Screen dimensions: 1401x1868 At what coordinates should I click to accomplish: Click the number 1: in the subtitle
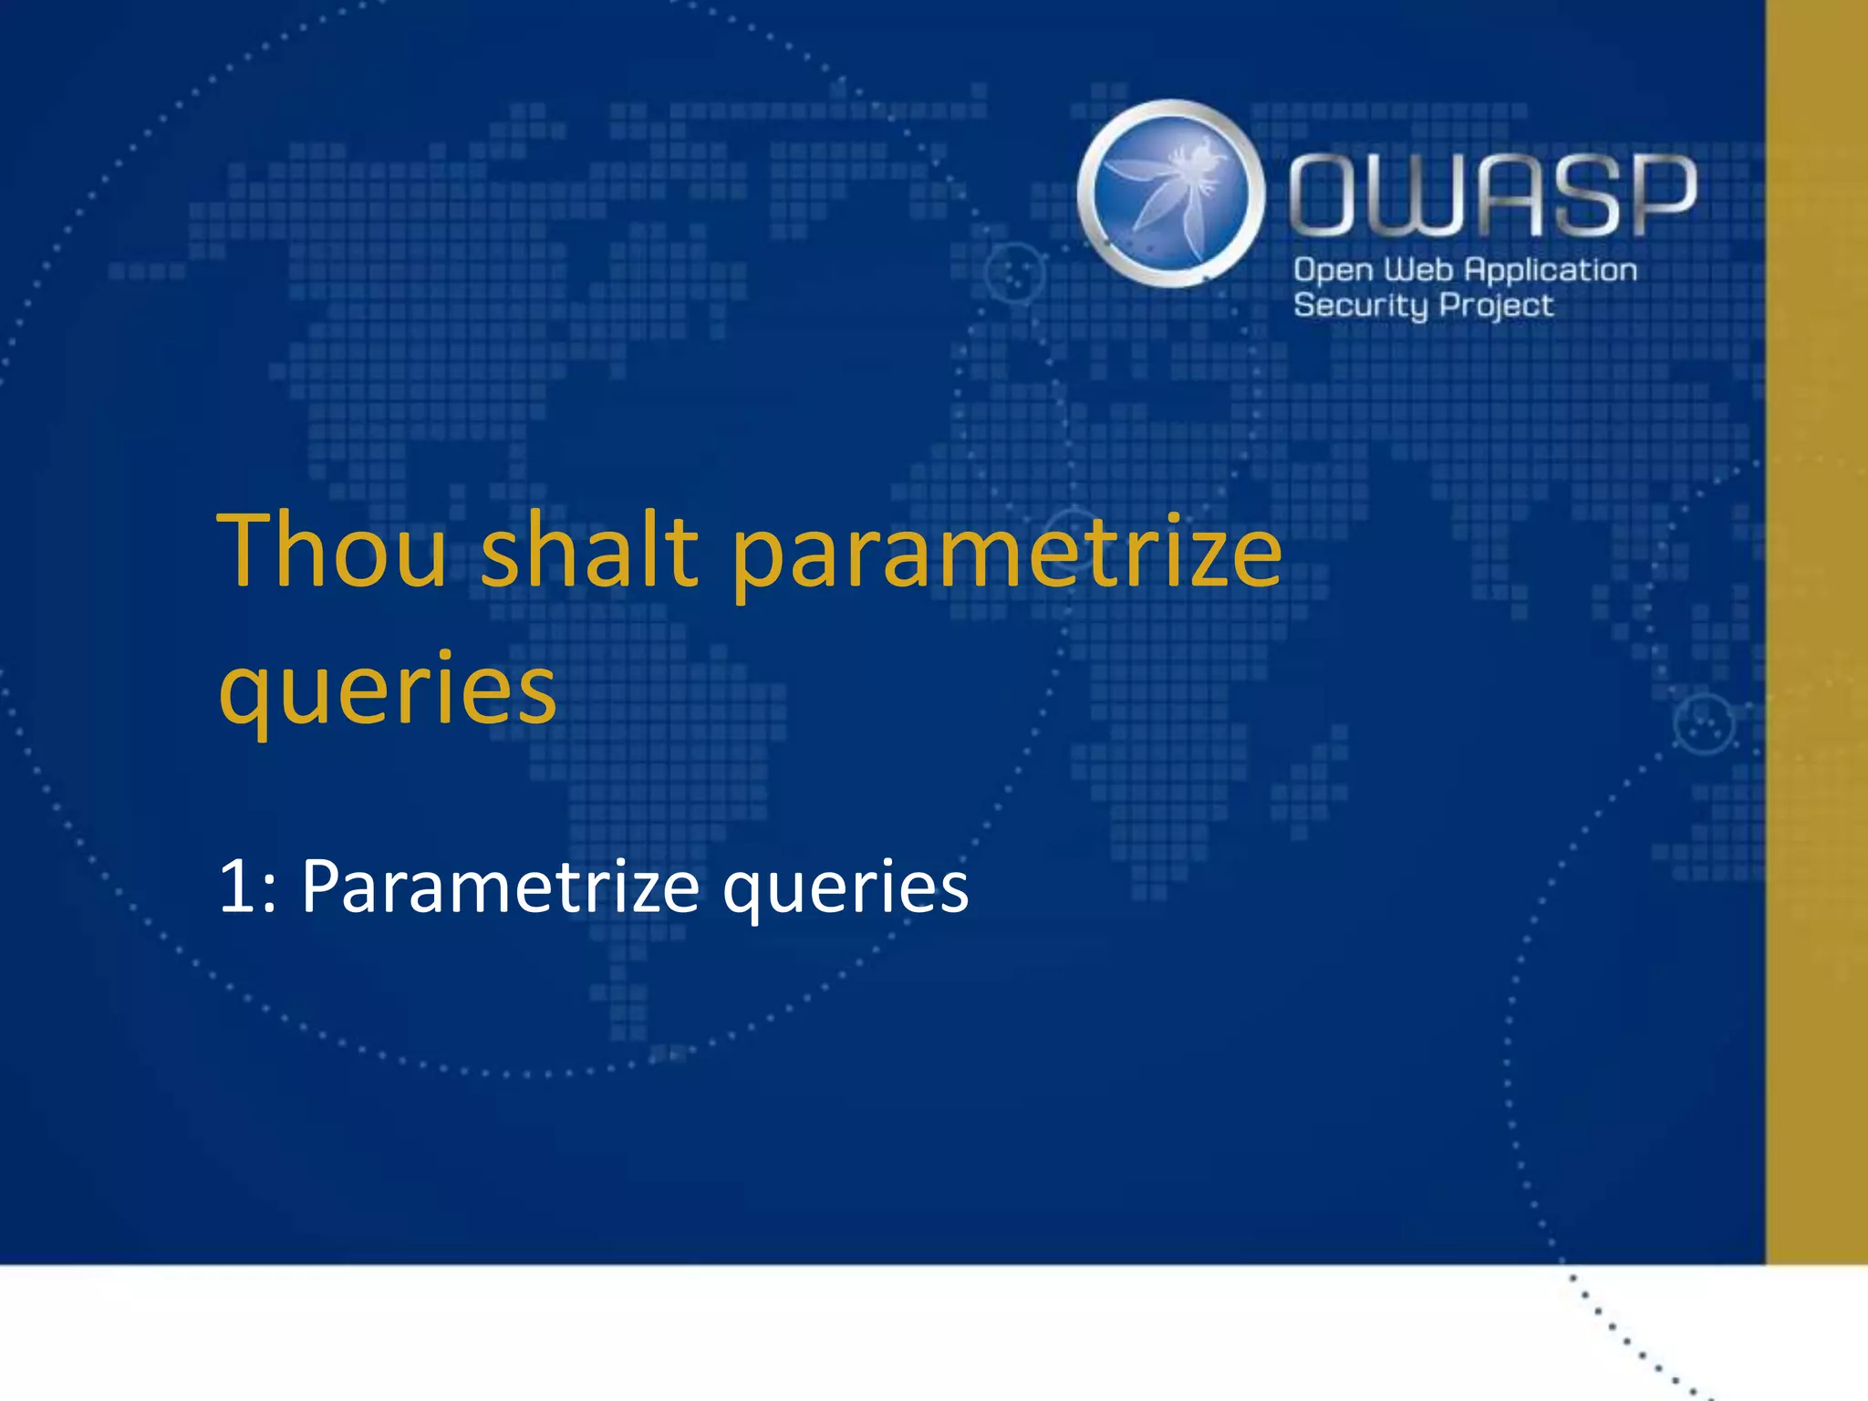point(247,886)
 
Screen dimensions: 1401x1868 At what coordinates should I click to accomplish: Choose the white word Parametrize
point(500,886)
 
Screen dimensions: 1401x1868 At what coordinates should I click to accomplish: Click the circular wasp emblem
point(1171,193)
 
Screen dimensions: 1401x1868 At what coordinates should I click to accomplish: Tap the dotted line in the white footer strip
point(1633,1341)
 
